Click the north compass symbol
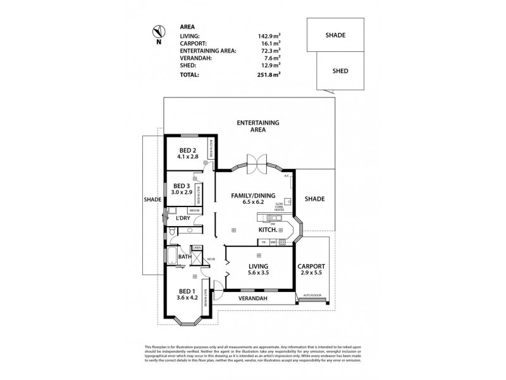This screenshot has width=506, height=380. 158,31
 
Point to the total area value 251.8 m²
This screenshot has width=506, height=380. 269,74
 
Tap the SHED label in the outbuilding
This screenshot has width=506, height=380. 340,72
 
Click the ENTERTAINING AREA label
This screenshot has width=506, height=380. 257,125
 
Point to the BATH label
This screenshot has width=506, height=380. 184,256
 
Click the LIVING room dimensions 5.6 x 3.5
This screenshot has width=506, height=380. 258,273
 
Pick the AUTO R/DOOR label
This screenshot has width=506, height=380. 312,295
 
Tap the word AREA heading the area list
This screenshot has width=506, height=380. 187,27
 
